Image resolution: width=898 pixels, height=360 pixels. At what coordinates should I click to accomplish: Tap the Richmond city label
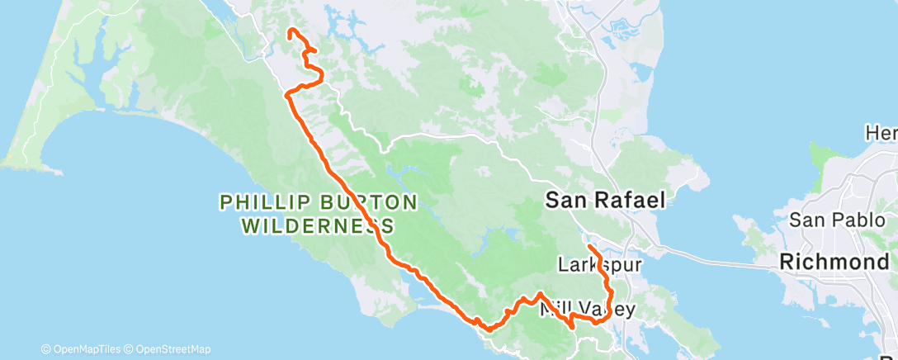(x=837, y=263)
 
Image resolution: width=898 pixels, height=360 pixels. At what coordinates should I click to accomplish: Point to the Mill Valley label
(x=587, y=310)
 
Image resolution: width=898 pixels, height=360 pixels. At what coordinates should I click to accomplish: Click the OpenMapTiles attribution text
(x=83, y=349)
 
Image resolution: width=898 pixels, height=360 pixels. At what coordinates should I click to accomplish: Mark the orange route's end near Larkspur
(x=588, y=246)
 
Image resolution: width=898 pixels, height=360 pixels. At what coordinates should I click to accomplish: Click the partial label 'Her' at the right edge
(x=881, y=132)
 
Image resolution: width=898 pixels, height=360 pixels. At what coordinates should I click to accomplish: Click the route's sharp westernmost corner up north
(x=286, y=95)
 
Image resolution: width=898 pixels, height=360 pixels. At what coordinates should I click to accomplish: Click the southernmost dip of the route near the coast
(x=489, y=329)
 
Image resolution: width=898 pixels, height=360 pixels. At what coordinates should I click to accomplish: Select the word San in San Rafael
(x=564, y=199)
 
